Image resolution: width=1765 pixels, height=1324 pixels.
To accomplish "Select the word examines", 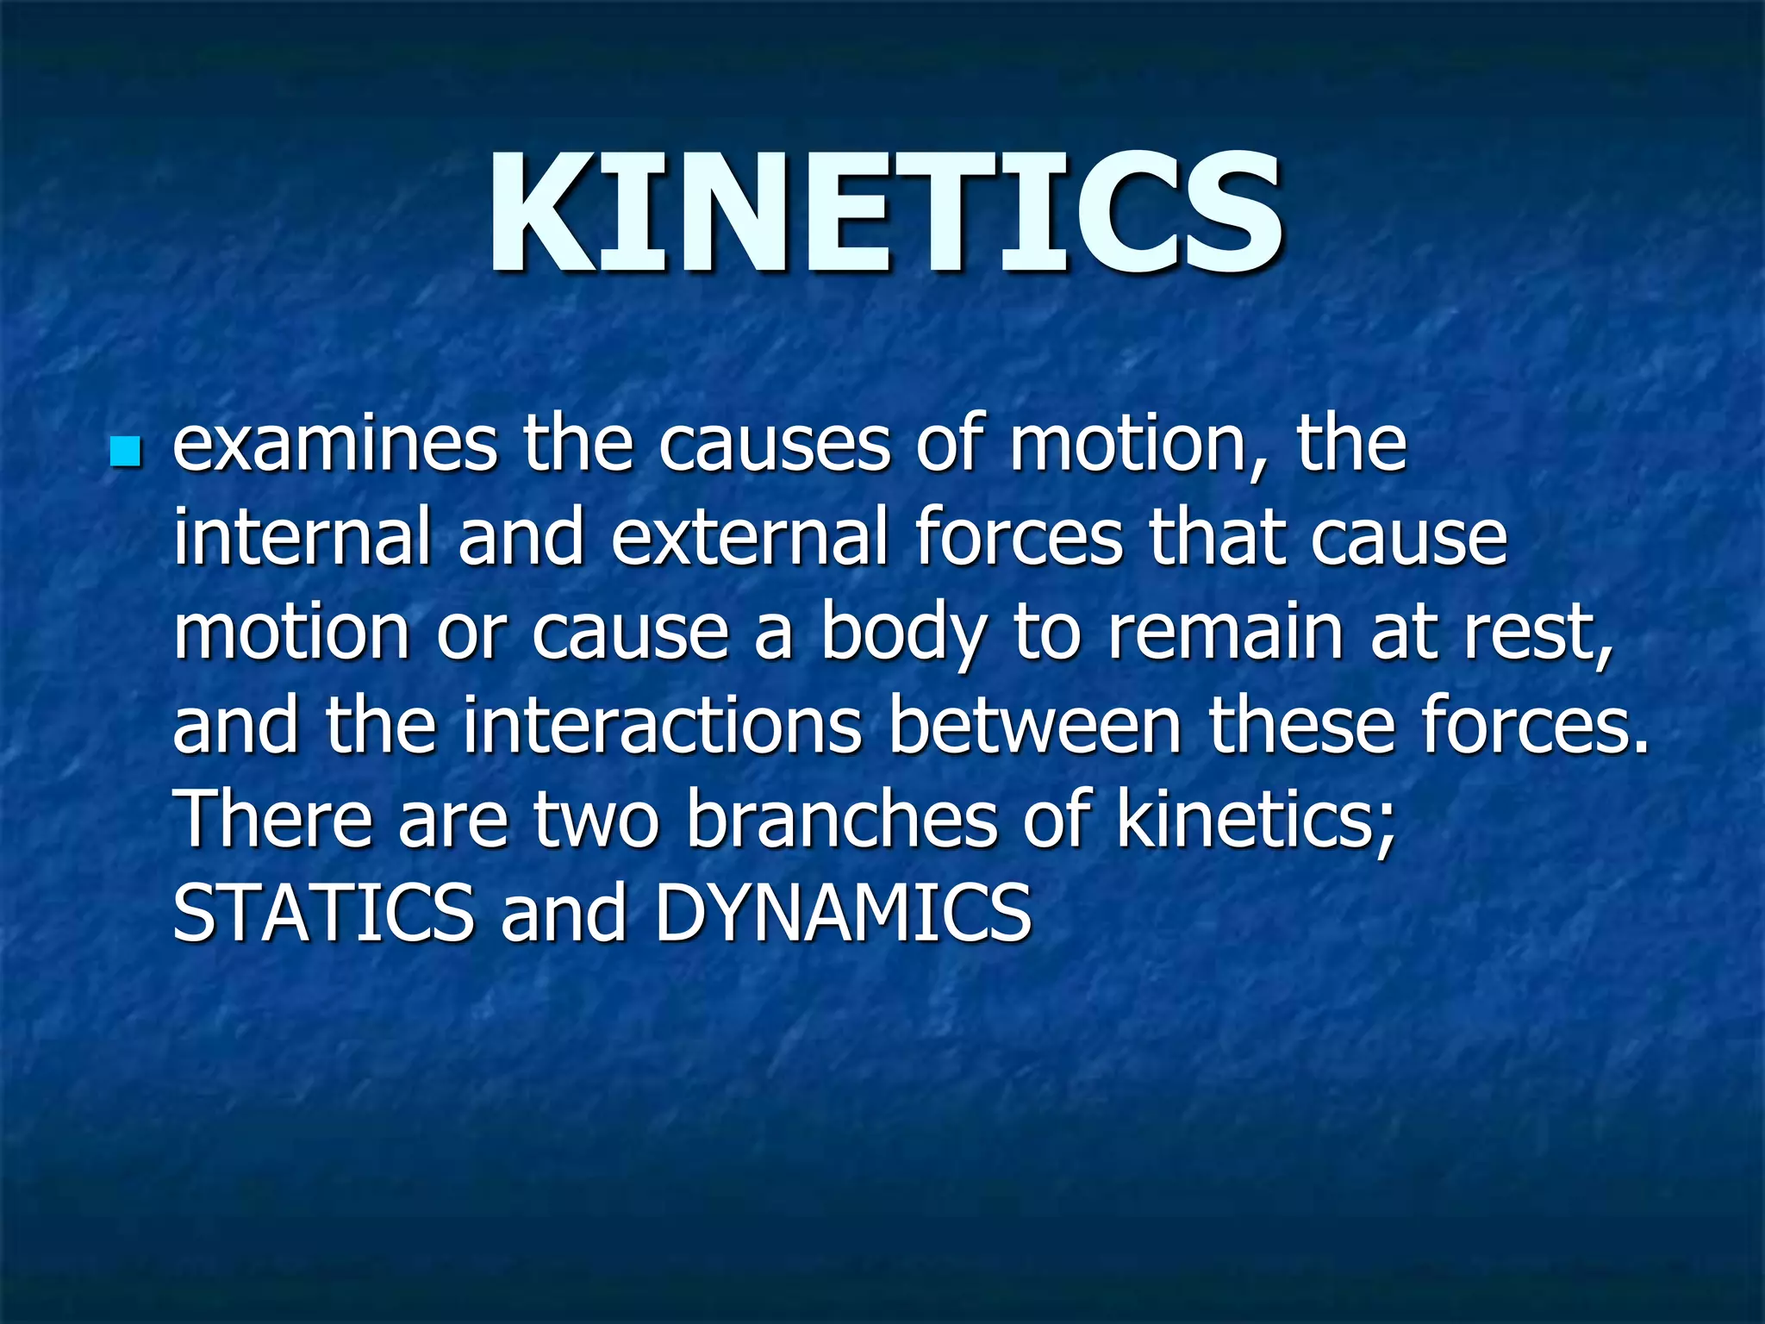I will tap(334, 446).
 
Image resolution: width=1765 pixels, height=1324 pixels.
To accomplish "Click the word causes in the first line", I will tap(774, 446).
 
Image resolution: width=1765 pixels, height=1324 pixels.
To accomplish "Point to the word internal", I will tap(302, 539).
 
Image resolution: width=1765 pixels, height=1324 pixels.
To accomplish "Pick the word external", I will tap(749, 539).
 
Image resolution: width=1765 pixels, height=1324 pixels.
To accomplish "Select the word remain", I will tap(1225, 632).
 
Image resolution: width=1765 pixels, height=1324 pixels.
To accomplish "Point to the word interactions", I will tap(662, 726).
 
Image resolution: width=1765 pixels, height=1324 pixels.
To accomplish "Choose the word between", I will tap(1034, 726).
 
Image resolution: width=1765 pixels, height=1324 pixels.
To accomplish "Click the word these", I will tap(1300, 726).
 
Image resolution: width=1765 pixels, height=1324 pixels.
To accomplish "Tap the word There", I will tap(272, 819).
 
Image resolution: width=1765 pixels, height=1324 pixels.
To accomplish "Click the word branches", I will tap(841, 819).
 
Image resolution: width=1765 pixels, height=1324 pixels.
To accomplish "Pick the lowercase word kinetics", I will tap(1255, 819).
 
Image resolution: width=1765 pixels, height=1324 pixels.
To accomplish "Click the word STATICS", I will tap(323, 913).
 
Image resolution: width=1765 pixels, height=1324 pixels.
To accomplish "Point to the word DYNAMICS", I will tap(842, 913).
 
